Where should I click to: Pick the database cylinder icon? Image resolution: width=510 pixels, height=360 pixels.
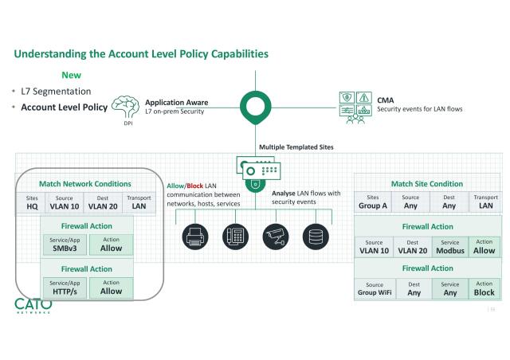tap(316, 237)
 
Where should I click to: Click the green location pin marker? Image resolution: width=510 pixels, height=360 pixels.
tap(255, 108)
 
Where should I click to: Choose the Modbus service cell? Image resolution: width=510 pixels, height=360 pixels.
tap(450, 247)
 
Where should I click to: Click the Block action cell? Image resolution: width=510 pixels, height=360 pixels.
tap(484, 288)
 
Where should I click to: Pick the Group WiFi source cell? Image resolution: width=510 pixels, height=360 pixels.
tap(374, 288)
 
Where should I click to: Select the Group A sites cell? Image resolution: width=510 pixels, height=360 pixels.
tap(373, 202)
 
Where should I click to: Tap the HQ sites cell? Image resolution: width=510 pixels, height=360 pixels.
tap(32, 202)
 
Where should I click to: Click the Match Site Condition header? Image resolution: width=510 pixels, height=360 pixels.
tap(427, 184)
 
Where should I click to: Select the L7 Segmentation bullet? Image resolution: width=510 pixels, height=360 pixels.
tap(56, 92)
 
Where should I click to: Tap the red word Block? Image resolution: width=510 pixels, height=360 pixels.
tap(195, 185)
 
